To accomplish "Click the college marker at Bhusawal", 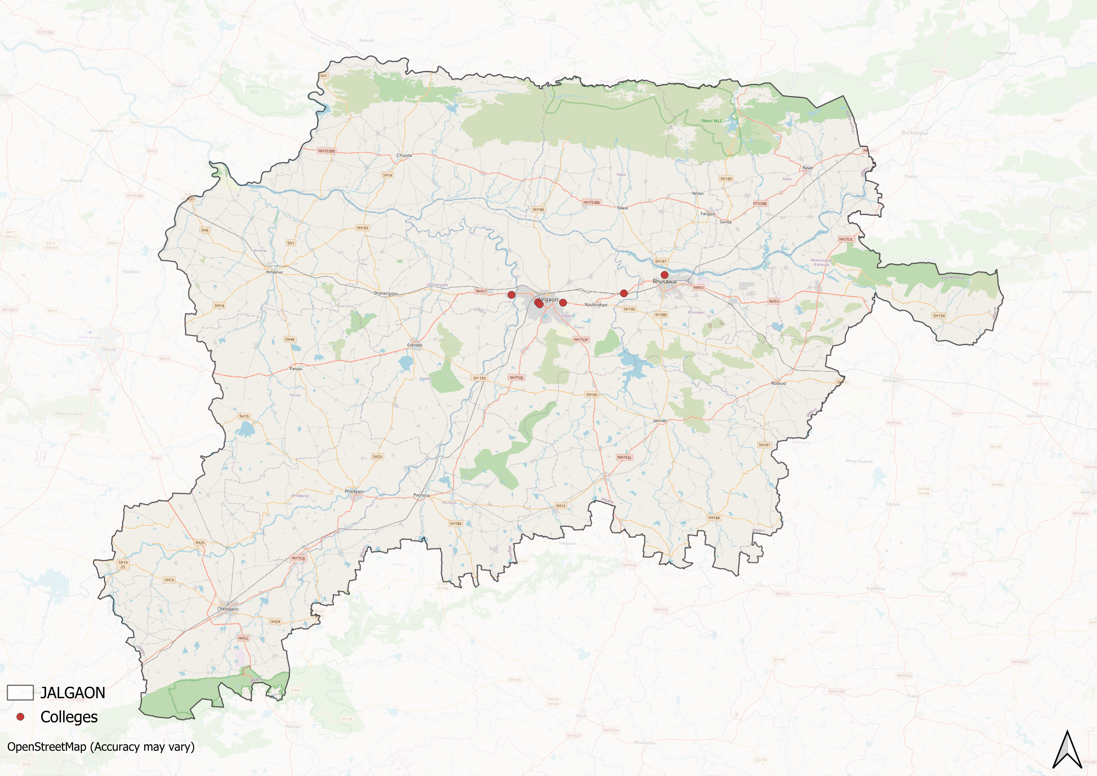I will pos(664,275).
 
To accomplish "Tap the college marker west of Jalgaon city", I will pos(511,295).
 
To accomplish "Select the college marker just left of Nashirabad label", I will pos(563,303).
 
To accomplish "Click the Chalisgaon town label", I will pos(228,609).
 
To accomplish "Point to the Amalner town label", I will pos(275,272).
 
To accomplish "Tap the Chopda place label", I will pos(404,155).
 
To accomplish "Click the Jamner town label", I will pos(660,421).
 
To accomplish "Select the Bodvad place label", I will pos(778,383).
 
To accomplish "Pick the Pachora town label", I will pos(421,495).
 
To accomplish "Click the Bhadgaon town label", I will pos(354,491).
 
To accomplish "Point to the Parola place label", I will pos(296,368).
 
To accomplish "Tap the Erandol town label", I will pos(414,345).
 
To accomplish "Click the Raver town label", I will pos(807,168).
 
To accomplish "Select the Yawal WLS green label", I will pos(711,121).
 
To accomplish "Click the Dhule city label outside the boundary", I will pos(109,349).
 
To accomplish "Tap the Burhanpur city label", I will pos(915,133).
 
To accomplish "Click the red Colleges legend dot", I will pos(20,717).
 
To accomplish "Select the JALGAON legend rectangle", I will pos(20,692).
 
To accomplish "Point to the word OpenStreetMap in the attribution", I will pos(46,747).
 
